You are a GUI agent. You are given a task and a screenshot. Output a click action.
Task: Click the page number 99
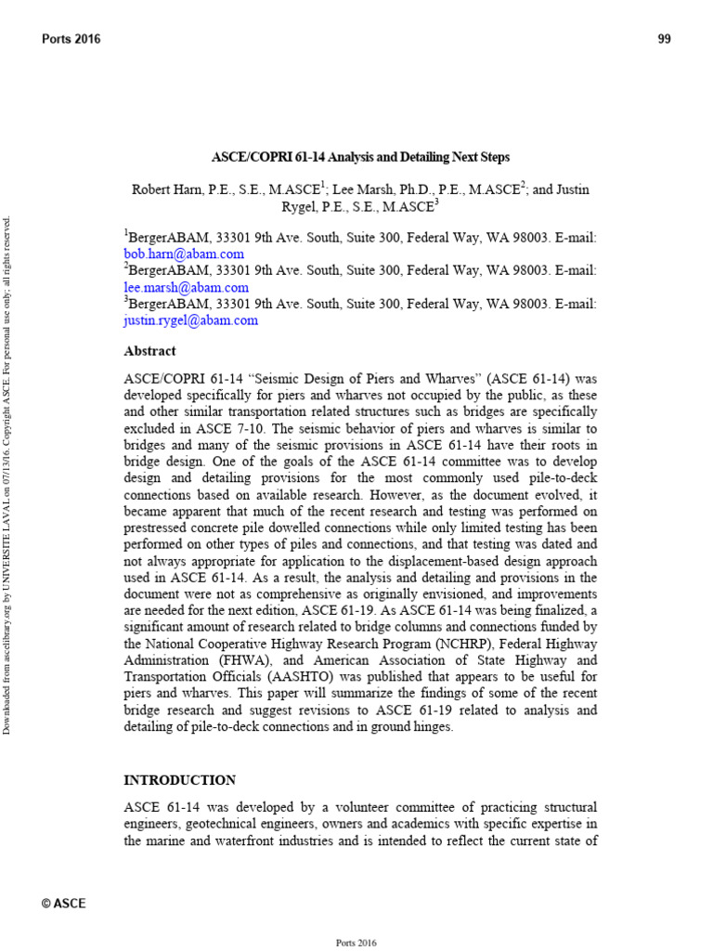click(x=664, y=39)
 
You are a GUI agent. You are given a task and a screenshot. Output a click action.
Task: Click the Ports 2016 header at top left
click(x=71, y=39)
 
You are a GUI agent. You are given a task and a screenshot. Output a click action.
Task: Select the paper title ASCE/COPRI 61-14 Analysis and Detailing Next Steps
click(x=360, y=158)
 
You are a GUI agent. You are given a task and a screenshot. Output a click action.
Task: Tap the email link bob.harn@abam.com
click(x=184, y=254)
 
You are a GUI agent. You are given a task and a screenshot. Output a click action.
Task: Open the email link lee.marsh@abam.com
click(x=186, y=287)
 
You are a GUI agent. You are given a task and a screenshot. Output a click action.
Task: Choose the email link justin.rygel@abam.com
click(x=190, y=320)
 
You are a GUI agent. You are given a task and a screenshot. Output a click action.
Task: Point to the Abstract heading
click(x=149, y=351)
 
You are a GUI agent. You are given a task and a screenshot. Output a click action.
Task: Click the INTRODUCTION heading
click(x=179, y=780)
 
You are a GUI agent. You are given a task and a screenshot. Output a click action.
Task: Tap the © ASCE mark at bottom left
click(x=64, y=903)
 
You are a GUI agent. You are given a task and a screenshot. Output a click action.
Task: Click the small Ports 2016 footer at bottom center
click(x=356, y=943)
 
